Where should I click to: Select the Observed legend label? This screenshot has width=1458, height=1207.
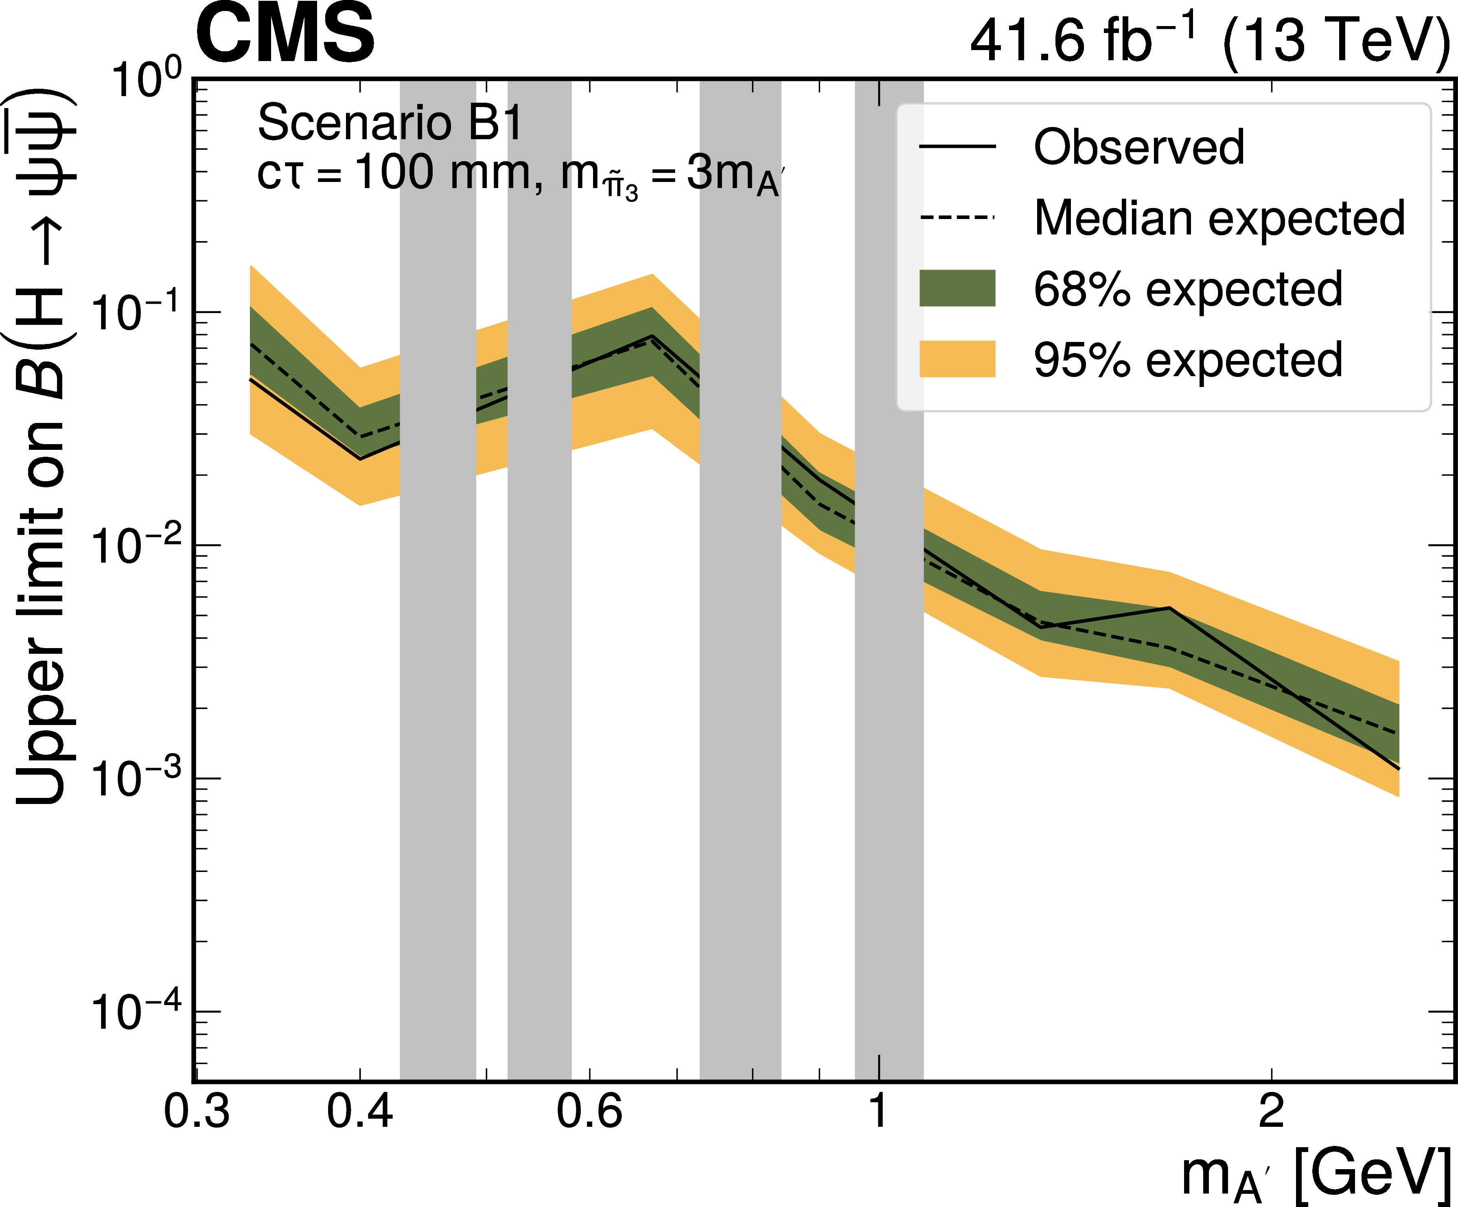click(1138, 147)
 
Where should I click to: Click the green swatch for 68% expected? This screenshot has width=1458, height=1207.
click(957, 288)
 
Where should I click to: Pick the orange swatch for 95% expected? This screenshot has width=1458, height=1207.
click(957, 359)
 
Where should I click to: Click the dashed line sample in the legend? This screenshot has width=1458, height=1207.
click(957, 217)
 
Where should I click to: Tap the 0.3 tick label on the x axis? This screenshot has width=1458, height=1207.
click(197, 1111)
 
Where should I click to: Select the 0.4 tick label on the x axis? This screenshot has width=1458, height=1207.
click(360, 1111)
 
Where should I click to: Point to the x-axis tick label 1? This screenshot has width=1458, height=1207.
click(879, 1111)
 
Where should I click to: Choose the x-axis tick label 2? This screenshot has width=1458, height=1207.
click(1271, 1111)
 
